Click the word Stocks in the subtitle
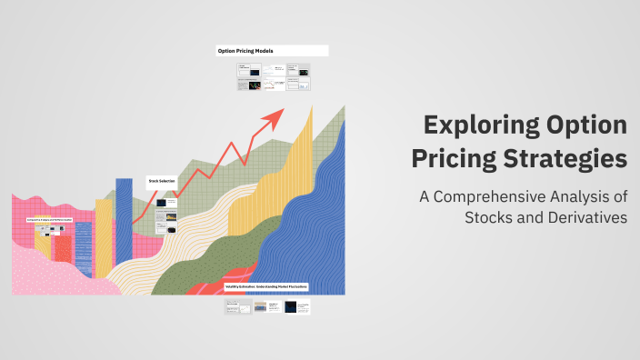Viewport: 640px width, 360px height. coord(492,218)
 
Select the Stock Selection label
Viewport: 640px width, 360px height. coord(161,180)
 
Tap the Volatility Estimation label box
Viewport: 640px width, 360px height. coord(266,287)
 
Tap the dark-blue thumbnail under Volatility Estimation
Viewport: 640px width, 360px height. coord(296,307)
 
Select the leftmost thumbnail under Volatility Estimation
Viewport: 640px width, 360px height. coord(237,307)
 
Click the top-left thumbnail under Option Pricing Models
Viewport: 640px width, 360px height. coord(248,69)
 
